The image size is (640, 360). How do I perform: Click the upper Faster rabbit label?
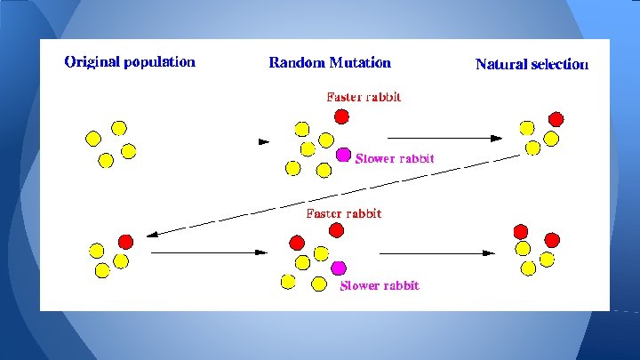tap(364, 96)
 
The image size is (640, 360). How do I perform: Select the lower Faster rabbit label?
tap(343, 213)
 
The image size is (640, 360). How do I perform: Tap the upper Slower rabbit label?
tap(395, 159)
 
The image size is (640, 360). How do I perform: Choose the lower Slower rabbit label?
tap(380, 285)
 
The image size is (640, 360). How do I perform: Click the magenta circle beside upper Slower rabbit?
tap(344, 155)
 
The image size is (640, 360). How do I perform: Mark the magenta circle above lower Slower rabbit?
tap(338, 267)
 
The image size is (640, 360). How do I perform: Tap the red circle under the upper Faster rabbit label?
tap(341, 116)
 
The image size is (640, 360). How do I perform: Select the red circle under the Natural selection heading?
tap(556, 119)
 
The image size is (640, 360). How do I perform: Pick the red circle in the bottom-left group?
tap(125, 241)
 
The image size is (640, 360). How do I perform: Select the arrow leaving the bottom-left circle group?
tap(209, 252)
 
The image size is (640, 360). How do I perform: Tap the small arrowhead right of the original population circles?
tap(262, 141)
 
